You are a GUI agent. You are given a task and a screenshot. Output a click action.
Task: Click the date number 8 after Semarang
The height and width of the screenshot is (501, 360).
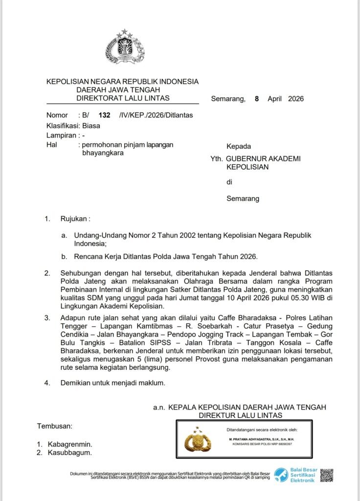pyautogui.click(x=256, y=98)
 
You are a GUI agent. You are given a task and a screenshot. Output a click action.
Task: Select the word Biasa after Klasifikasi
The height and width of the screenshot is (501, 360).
pyautogui.click(x=91, y=125)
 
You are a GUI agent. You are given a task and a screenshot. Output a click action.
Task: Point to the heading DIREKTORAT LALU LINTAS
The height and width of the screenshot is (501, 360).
pyautogui.click(x=123, y=98)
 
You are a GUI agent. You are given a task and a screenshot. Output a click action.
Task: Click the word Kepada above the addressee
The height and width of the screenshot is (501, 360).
pyautogui.click(x=238, y=146)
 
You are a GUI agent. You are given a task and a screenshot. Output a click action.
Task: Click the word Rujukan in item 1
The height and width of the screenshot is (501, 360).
pyautogui.click(x=75, y=219)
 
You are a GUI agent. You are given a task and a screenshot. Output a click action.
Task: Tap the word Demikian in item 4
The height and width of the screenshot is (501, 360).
pyautogui.click(x=77, y=383)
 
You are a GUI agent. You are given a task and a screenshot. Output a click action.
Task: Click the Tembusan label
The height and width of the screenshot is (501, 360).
pyautogui.click(x=55, y=426)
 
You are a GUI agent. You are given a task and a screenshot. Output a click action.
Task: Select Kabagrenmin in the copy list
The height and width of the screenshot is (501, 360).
pyautogui.click(x=70, y=444)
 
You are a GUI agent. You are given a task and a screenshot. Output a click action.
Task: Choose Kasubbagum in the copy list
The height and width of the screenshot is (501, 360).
pyautogui.click(x=70, y=453)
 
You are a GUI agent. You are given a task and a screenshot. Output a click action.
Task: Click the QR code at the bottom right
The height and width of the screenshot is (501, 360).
pyautogui.click(x=327, y=475)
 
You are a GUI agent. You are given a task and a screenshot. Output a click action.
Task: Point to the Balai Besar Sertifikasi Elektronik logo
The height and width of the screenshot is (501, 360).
pyautogui.click(x=296, y=475)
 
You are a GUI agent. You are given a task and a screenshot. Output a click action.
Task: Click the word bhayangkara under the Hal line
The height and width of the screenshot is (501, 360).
pyautogui.click(x=103, y=153)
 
